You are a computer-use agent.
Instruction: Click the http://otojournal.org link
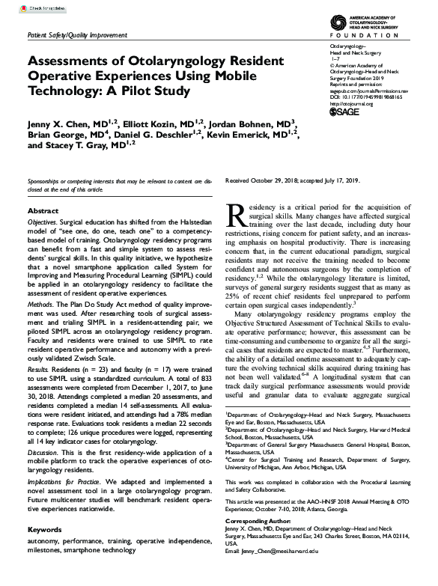[x=353, y=103]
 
